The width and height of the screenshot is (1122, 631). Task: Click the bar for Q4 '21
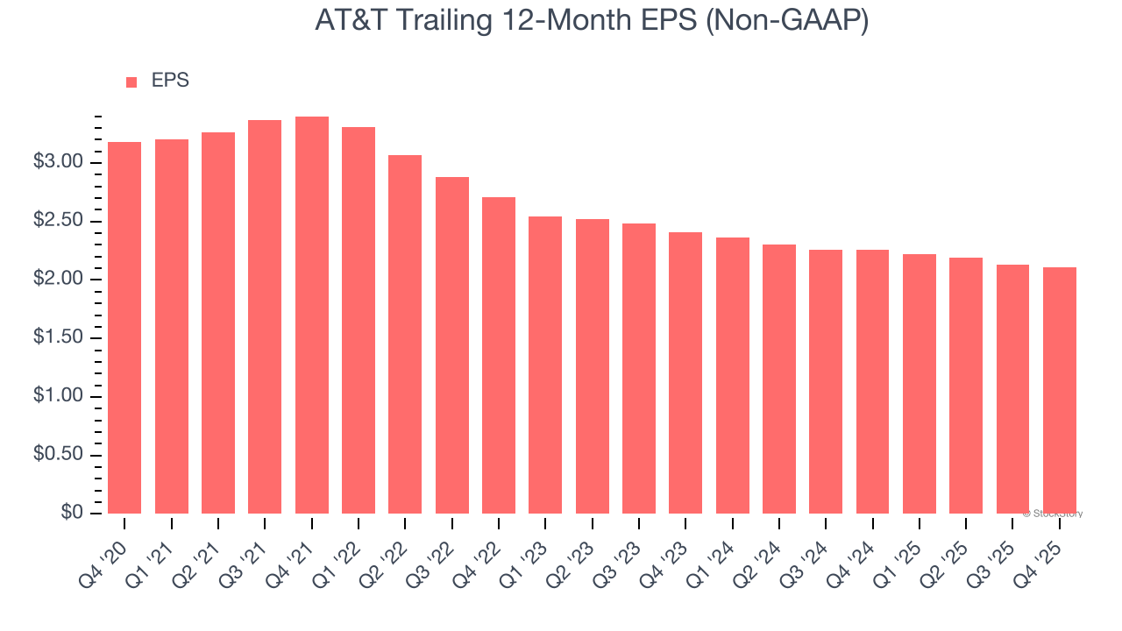[312, 315]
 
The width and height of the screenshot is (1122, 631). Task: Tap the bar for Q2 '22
[405, 334]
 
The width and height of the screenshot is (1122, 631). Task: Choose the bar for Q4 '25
[1059, 390]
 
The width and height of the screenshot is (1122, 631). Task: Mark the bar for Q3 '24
[826, 381]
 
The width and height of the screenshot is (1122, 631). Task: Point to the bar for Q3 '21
[265, 316]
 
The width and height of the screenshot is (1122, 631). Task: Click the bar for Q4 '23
[685, 372]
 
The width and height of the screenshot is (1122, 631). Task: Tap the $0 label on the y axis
[72, 514]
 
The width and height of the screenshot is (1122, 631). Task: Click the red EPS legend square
[131, 82]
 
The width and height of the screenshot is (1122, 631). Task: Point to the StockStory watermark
[1053, 514]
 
